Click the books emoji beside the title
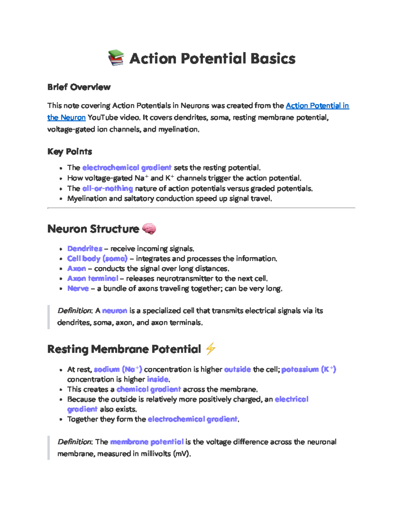tap(116, 58)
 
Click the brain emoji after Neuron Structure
tap(149, 229)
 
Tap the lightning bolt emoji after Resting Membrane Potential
tap(210, 349)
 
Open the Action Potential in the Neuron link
tap(317, 106)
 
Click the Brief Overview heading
tap(79, 87)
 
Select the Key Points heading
tap(70, 152)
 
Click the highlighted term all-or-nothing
tap(107, 189)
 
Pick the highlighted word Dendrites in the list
tap(85, 249)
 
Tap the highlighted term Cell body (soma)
tap(97, 259)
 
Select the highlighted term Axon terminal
tap(93, 278)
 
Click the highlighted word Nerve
tap(78, 289)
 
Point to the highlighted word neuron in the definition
tap(115, 311)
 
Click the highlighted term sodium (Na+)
tap(118, 369)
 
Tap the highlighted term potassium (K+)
tap(308, 369)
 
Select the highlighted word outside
tap(237, 369)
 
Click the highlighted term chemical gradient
tap(148, 389)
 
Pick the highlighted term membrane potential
tap(147, 442)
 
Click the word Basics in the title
tap(273, 58)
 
